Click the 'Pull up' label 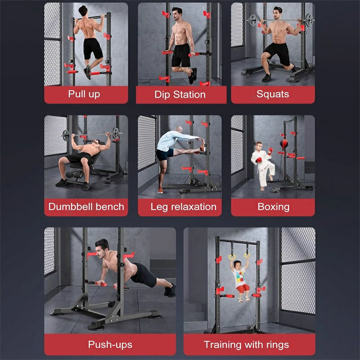84,94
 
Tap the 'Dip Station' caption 180,94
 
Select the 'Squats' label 273,94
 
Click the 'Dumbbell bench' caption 86,207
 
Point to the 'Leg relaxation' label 184,207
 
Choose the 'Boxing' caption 274,207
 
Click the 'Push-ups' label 110,345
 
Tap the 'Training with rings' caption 246,345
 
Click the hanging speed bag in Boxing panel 284,144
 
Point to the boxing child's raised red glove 270,150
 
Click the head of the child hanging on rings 238,265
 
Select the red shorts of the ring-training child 243,288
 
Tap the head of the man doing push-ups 103,248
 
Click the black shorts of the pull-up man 93,49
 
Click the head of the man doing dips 177,14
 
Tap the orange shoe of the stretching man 160,190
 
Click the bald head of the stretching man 179,130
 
